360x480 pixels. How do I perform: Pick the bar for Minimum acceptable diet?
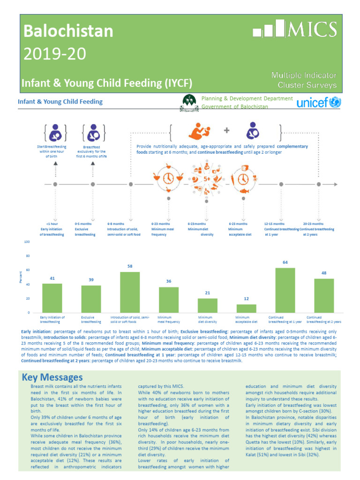coord(246,308)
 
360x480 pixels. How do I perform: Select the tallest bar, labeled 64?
coord(285,290)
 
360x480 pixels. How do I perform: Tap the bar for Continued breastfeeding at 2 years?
coord(324,296)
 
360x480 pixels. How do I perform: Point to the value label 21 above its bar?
coord(207,293)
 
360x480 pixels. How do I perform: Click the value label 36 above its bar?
coord(169,281)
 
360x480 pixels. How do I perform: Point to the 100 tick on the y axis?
coord(27,242)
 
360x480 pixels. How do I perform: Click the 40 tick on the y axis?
coord(28,285)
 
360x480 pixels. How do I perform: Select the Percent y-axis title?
coord(21,277)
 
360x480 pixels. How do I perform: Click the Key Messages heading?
coord(52,377)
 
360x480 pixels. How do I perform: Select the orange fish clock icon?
coord(243,179)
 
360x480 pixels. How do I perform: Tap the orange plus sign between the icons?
coord(226,130)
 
